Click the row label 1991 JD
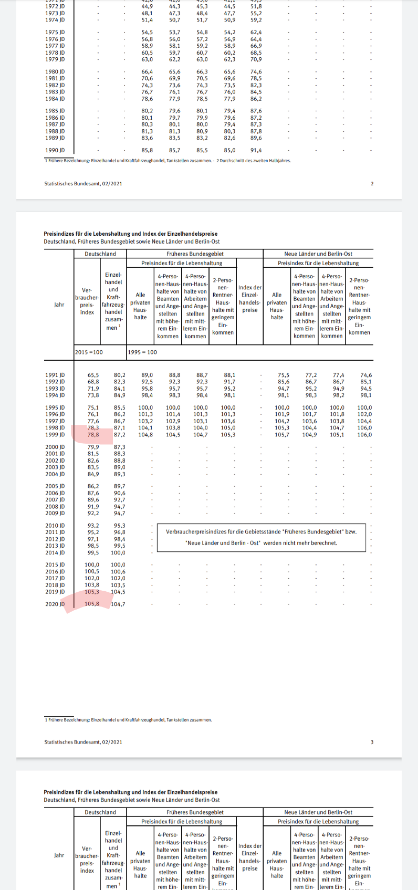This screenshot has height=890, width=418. click(55, 375)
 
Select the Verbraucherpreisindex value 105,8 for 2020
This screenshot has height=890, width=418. click(92, 604)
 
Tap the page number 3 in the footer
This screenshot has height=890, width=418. click(372, 742)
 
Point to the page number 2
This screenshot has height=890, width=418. click(372, 184)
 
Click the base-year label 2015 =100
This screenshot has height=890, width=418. click(89, 352)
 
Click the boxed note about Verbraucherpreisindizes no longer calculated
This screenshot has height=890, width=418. click(261, 537)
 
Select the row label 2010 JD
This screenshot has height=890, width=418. click(55, 526)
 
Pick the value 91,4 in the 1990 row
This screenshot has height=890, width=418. click(256, 150)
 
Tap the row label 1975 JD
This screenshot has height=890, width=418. click(55, 33)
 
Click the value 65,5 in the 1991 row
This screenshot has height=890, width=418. click(93, 375)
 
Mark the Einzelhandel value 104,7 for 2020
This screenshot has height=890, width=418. click(118, 604)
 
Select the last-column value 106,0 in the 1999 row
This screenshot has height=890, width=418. click(364, 435)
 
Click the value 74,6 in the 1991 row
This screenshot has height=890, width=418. click(366, 375)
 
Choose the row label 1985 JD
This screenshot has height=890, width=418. click(55, 111)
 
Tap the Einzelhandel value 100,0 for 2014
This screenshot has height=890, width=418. click(118, 552)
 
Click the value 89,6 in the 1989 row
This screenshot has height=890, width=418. click(256, 138)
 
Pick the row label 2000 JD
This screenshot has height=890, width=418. click(55, 447)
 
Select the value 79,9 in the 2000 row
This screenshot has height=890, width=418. click(93, 447)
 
